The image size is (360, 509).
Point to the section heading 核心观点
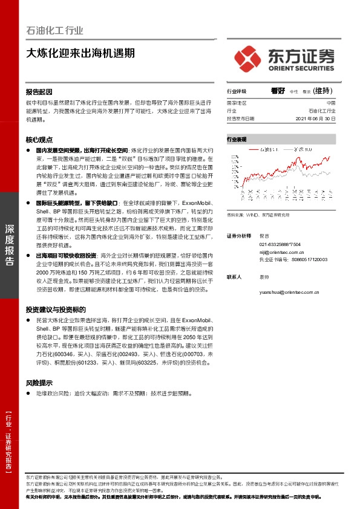tap(39, 138)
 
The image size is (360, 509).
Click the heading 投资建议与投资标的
tap(56, 309)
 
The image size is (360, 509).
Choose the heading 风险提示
tap(39, 383)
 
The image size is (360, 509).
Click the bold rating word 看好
tap(278, 91)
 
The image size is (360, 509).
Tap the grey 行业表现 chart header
tap(237, 139)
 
